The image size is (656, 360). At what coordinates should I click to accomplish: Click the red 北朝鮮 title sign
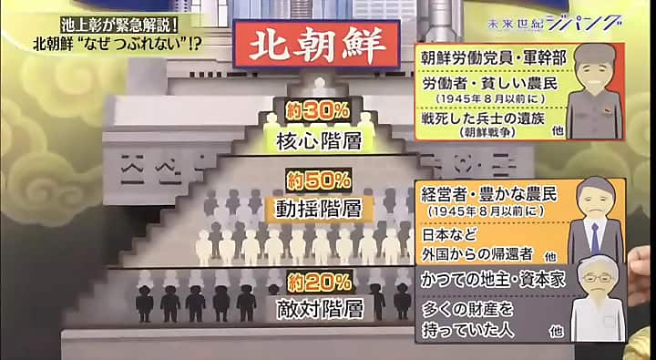[x=316, y=44]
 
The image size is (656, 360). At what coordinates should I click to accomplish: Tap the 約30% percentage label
[x=318, y=111]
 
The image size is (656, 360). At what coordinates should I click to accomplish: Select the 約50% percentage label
[x=318, y=180]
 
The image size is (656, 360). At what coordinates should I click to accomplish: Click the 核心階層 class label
[x=319, y=141]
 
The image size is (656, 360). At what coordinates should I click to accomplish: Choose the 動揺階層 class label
[x=319, y=208]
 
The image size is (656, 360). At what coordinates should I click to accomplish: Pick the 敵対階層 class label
[x=320, y=310]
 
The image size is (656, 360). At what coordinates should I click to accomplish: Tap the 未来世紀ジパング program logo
[x=554, y=24]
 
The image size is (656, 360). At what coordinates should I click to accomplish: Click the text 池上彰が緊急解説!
[x=118, y=26]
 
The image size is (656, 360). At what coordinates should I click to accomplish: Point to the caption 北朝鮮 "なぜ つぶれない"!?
[x=117, y=44]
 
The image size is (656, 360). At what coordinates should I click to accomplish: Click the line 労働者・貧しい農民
[x=490, y=83]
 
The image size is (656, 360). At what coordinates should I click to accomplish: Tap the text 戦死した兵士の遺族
[x=483, y=118]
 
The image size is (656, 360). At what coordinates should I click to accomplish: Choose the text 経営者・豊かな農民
[x=489, y=195]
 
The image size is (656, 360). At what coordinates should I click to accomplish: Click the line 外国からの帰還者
[x=477, y=254]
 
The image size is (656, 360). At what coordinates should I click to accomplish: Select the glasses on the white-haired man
[x=597, y=277]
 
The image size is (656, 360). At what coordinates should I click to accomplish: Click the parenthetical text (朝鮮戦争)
[x=487, y=132]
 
